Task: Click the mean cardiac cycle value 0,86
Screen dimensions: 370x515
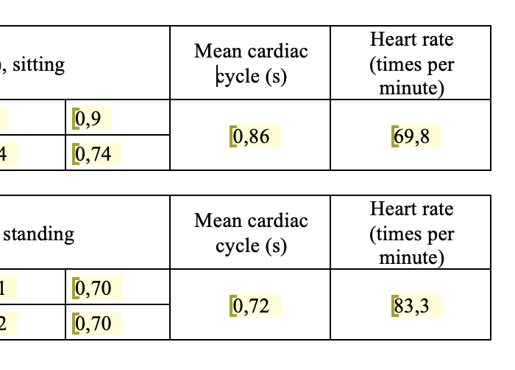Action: coord(250,136)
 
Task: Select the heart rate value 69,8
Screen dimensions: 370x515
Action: coord(412,136)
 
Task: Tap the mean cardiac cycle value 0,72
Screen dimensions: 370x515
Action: coord(250,306)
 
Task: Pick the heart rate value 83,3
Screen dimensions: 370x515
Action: coord(412,306)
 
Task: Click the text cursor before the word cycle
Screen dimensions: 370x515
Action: coord(218,76)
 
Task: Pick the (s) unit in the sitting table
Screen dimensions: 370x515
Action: coord(274,76)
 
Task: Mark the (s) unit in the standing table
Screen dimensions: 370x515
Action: coord(274,245)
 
